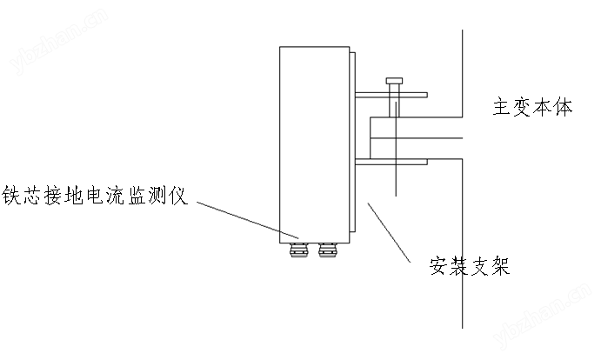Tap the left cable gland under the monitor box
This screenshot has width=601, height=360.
click(x=299, y=250)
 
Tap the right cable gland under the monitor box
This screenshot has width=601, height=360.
click(x=328, y=250)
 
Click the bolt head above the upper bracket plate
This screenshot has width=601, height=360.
click(x=393, y=81)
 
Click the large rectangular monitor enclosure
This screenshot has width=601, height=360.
click(x=313, y=143)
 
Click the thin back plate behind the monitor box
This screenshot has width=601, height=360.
click(x=351, y=143)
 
